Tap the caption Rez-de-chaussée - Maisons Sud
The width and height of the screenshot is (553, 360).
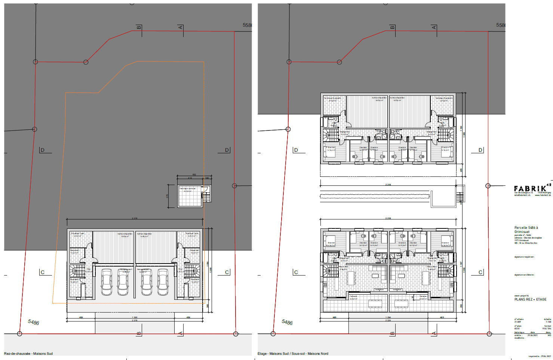point(28,354)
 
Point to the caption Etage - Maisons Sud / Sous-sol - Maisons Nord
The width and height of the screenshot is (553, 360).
point(293,354)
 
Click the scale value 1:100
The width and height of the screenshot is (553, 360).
point(548,322)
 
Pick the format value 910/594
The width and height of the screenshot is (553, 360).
point(547,329)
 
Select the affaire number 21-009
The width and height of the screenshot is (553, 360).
point(518,322)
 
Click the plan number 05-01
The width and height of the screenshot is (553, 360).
point(517,329)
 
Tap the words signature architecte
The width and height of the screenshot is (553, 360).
point(524,275)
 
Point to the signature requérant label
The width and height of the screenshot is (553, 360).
point(524,257)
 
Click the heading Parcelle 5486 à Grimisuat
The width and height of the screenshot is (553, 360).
point(526,230)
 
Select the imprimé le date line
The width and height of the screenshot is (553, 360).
point(540,356)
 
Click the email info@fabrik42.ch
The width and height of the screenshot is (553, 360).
point(522,195)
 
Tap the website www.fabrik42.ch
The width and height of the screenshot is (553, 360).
point(543,195)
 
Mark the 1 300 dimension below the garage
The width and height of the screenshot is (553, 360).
point(135,317)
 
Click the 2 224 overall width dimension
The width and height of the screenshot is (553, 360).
point(388,320)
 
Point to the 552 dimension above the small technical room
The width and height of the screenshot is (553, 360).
point(194,175)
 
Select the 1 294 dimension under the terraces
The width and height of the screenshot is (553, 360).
point(388,317)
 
